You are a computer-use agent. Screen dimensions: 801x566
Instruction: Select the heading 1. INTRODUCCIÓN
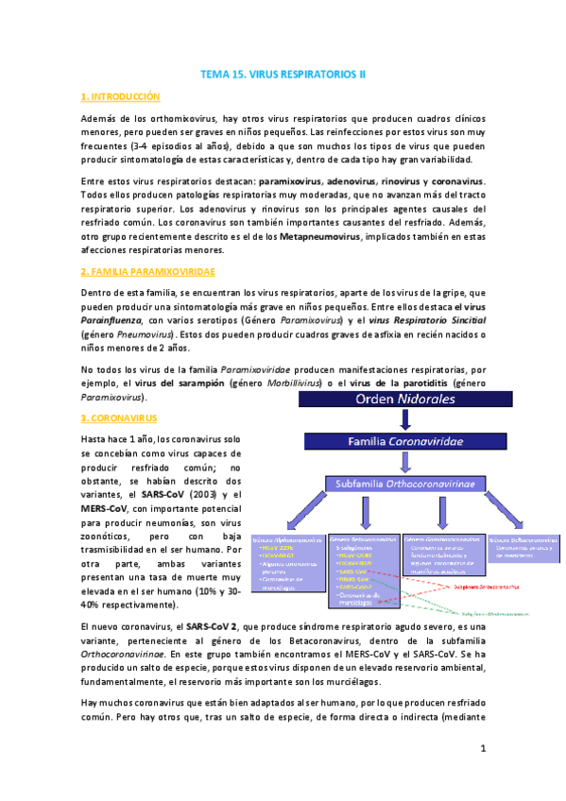(121, 97)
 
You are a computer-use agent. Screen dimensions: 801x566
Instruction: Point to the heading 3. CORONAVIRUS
(119, 417)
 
